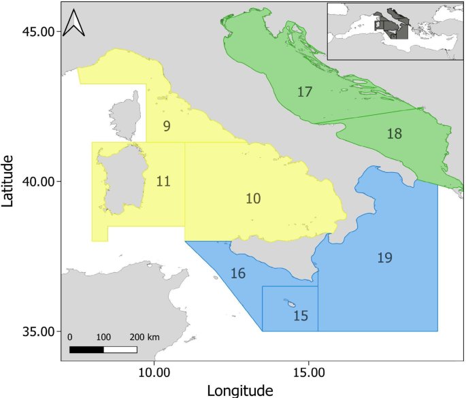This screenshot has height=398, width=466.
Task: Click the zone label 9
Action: coord(167,126)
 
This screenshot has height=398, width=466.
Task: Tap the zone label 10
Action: coord(253,198)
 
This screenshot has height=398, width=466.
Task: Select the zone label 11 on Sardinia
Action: coord(163,181)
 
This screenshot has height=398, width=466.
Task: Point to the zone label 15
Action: coord(301,316)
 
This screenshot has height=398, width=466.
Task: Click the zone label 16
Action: coord(238,273)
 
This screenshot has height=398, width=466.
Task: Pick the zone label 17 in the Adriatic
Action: coord(304,91)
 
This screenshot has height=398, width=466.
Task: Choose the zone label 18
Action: coord(394,133)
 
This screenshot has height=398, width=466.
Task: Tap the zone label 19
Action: coord(384,257)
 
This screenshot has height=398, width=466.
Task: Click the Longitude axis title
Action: coord(240,390)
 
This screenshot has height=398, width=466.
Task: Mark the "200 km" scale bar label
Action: coord(144,337)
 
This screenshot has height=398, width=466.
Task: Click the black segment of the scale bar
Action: coord(86,350)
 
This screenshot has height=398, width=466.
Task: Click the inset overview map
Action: coord(395,31)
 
